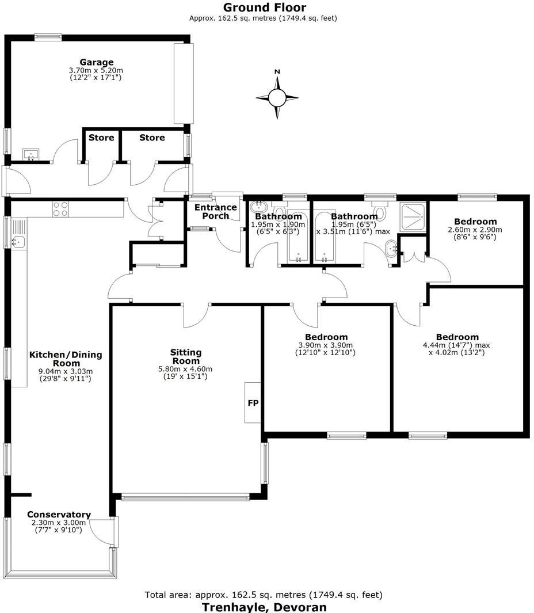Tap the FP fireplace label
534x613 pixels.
click(253, 403)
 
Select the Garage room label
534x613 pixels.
click(96, 62)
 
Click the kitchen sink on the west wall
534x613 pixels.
click(18, 242)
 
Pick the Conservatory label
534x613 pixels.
click(59, 515)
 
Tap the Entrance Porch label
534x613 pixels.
click(216, 211)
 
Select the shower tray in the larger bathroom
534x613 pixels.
click(413, 214)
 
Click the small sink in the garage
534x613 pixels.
click(30, 154)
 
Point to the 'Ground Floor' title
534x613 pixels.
click(265, 7)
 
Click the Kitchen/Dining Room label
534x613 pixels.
click(66, 359)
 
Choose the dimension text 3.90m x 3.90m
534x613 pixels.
click(326, 345)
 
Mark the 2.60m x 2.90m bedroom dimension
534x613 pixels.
click(475, 229)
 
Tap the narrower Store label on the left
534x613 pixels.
click(101, 138)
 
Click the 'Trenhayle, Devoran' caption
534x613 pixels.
click(264, 607)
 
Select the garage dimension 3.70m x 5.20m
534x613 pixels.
click(96, 70)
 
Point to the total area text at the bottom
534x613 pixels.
click(264, 595)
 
